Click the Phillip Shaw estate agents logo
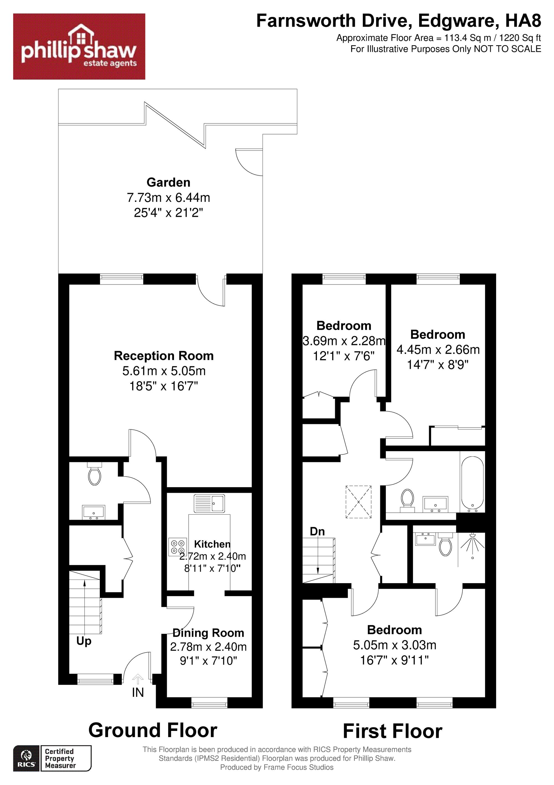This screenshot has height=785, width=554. click(x=79, y=47)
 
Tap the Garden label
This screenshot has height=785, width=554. click(x=168, y=182)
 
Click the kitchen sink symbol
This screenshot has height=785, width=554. click(x=209, y=503)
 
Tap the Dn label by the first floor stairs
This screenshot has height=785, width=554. click(x=317, y=531)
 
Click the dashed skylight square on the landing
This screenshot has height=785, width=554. click(x=359, y=502)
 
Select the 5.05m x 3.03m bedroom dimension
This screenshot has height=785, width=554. click(x=395, y=645)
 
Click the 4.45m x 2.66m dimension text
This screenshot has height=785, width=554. click(x=438, y=349)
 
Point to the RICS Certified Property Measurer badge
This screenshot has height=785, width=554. click(x=52, y=758)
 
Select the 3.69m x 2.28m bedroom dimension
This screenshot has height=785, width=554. click(x=344, y=341)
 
